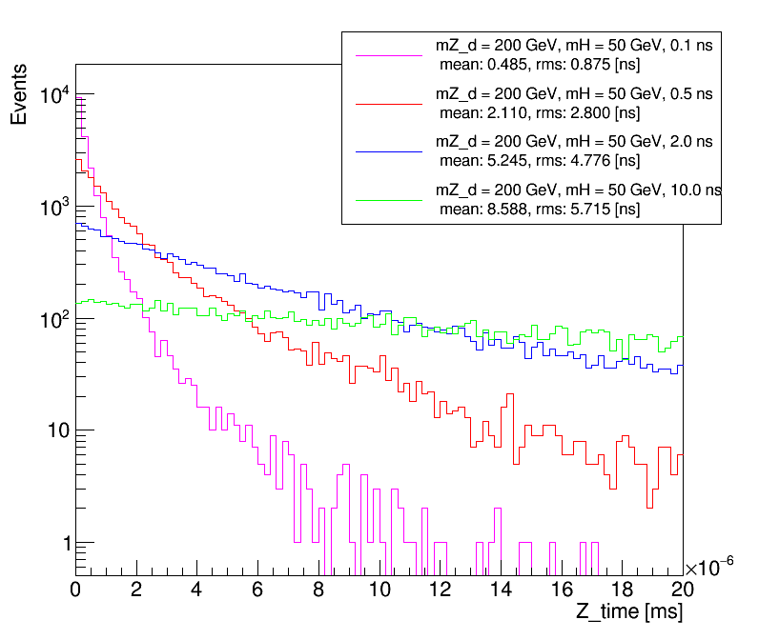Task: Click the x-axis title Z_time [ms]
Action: pyautogui.click(x=628, y=611)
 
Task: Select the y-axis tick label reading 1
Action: pyautogui.click(x=66, y=543)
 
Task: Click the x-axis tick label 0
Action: pyautogui.click(x=76, y=589)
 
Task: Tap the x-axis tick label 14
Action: pyautogui.click(x=502, y=589)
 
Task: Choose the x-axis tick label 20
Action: pyautogui.click(x=683, y=589)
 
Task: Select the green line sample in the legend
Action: pyautogui.click(x=388, y=200)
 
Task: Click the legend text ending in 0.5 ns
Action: pyautogui.click(x=573, y=95)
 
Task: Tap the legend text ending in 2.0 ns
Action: pyautogui.click(x=573, y=142)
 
